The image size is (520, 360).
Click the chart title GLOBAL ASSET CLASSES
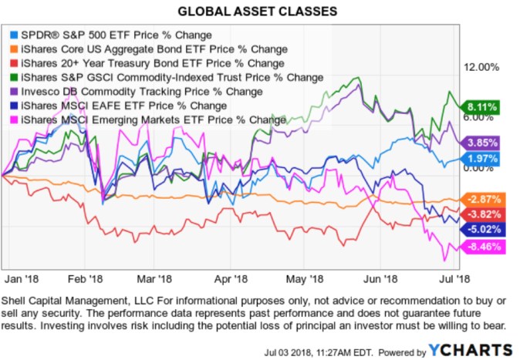coord(259,12)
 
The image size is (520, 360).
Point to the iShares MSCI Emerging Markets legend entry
coord(146,119)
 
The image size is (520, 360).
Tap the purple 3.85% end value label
coord(482,143)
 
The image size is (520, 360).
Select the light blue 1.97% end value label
coord(482,159)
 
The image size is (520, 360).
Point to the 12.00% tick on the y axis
coord(478,68)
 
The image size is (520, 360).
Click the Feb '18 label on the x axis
coord(86,278)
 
